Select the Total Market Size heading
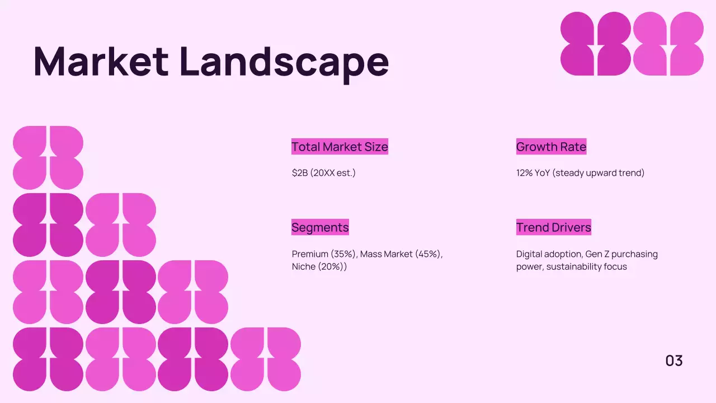(x=340, y=147)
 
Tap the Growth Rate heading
(x=551, y=147)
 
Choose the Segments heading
(x=320, y=227)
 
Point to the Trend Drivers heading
(x=553, y=227)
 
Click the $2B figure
(x=299, y=173)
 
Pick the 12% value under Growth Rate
(x=524, y=173)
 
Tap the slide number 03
(x=674, y=361)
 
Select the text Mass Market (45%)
(x=401, y=254)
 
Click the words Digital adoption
(x=549, y=254)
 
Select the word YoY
(x=542, y=173)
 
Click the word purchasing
(x=634, y=254)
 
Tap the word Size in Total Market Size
(x=376, y=147)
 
